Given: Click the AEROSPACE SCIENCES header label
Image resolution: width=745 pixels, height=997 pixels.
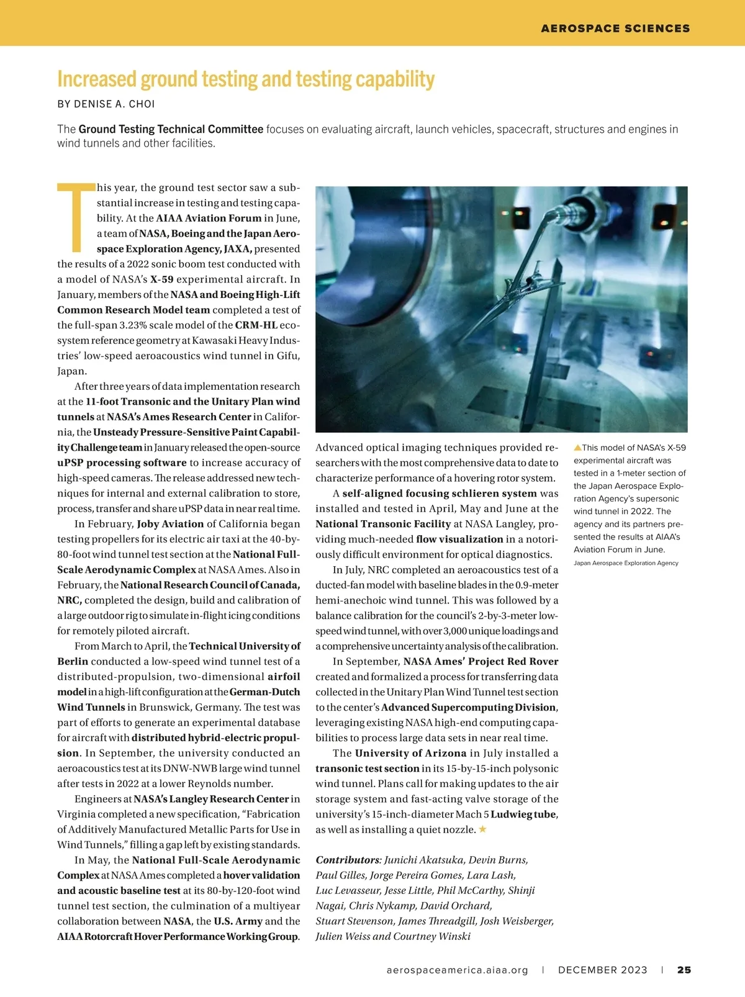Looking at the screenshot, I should tap(615, 29).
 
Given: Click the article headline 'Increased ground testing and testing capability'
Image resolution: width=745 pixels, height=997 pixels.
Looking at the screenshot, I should tap(246, 79).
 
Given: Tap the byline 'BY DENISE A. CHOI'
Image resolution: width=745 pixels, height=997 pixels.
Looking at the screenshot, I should tap(106, 104).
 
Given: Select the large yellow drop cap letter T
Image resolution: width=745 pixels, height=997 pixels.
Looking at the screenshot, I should tap(76, 217).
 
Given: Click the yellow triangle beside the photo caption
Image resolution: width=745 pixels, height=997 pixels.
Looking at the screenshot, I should tap(577, 447).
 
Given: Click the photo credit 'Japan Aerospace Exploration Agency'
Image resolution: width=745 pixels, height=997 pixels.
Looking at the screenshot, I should tap(626, 563).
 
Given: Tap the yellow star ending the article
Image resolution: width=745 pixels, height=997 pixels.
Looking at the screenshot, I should tap(482, 829).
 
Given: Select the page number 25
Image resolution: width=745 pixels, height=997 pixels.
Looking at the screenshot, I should tap(684, 970).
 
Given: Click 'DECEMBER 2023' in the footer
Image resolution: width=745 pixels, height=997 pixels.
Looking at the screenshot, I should tap(602, 970).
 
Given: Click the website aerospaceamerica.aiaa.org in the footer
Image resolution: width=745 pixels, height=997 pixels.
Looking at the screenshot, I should tap(457, 970).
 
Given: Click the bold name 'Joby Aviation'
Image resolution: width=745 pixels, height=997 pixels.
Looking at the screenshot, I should tap(170, 524).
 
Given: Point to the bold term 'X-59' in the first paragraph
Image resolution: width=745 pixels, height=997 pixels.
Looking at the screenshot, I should tap(161, 279).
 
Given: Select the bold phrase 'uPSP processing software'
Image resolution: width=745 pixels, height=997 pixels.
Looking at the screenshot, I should tap(122, 463).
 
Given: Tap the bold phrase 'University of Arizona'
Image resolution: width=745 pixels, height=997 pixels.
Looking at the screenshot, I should tap(410, 754).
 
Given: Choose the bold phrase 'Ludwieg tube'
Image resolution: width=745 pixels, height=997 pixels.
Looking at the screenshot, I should tap(523, 814).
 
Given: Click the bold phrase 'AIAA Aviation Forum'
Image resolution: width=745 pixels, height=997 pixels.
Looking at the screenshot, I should tap(209, 219).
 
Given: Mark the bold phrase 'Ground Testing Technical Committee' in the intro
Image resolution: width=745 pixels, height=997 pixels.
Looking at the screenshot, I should tap(171, 129).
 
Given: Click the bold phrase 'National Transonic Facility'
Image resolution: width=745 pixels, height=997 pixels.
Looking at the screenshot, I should tap(383, 524).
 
